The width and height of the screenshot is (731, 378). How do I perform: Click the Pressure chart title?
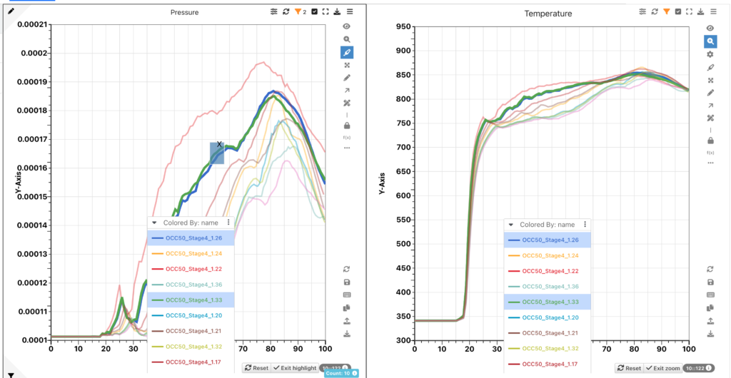click(x=184, y=12)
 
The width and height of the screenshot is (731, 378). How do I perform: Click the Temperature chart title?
click(x=548, y=14)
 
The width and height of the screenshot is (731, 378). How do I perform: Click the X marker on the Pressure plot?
click(x=220, y=145)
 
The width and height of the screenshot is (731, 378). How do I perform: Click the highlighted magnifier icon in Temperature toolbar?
click(x=710, y=41)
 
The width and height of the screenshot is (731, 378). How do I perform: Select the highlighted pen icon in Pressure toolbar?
click(x=347, y=52)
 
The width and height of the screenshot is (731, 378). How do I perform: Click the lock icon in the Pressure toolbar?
click(x=347, y=126)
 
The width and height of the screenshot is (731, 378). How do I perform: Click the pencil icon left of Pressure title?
click(x=11, y=11)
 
